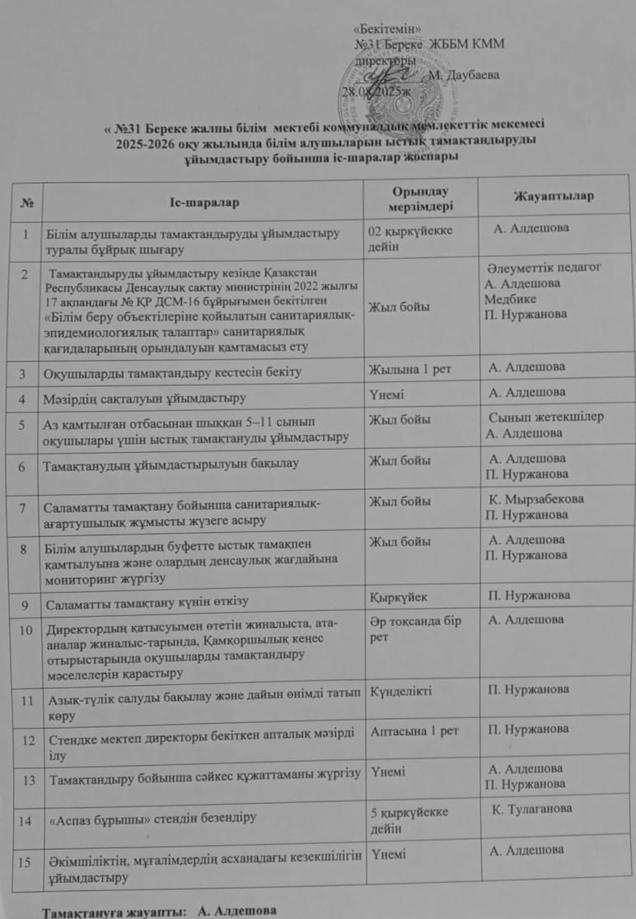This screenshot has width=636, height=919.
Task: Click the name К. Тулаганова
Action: click(531, 809)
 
